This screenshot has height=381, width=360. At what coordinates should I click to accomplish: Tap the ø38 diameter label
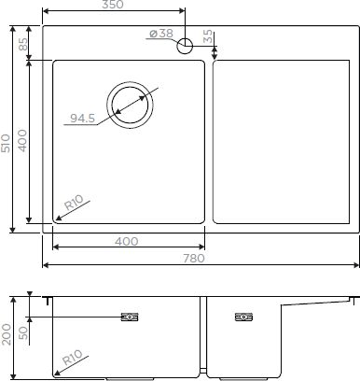click(160, 35)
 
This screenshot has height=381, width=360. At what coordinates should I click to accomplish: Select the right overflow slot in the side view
click(243, 316)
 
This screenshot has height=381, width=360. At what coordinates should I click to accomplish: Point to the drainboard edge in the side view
click(322, 301)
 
